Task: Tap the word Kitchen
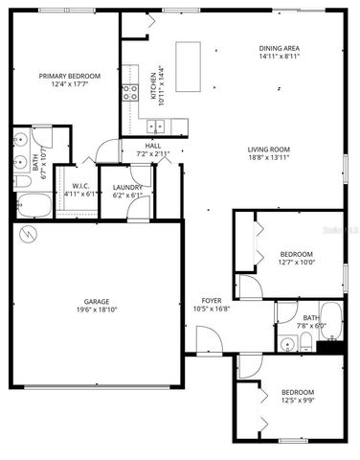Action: tap(153, 83)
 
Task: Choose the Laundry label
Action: tap(127, 187)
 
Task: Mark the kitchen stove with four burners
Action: tap(129, 93)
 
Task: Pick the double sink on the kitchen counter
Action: tap(154, 126)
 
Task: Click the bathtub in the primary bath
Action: tap(33, 205)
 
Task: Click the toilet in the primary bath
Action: tap(20, 181)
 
